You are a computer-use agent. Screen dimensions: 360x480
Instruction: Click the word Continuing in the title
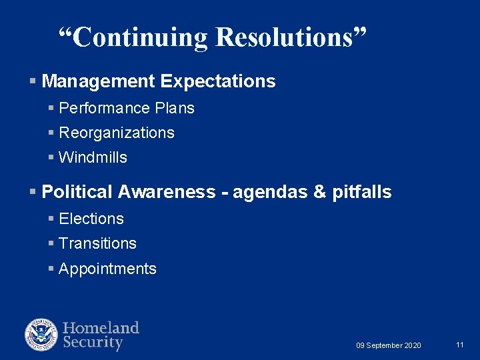140,37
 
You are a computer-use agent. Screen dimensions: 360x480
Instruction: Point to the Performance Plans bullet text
127,108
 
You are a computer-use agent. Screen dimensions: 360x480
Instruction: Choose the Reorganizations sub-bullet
117,133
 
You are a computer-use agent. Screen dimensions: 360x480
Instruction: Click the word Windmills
93,158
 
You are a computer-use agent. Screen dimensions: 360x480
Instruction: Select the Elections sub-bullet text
91,219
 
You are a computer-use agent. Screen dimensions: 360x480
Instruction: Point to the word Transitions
97,243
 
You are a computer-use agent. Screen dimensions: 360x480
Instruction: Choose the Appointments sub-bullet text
107,269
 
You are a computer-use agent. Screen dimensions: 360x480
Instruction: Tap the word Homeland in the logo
101,328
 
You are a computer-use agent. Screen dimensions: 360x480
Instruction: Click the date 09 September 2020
389,345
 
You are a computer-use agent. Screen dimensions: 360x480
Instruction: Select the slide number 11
460,345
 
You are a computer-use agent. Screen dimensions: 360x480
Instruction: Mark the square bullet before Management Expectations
33,82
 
